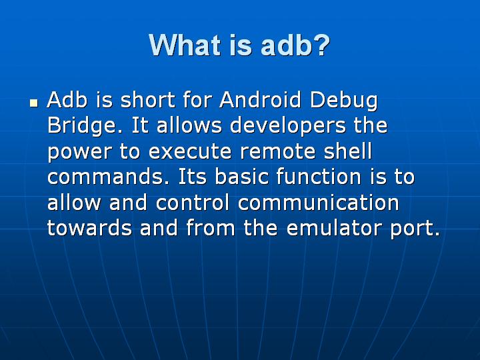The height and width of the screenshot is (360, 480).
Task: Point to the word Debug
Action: point(344,102)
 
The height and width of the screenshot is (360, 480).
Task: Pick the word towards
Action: point(89,228)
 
